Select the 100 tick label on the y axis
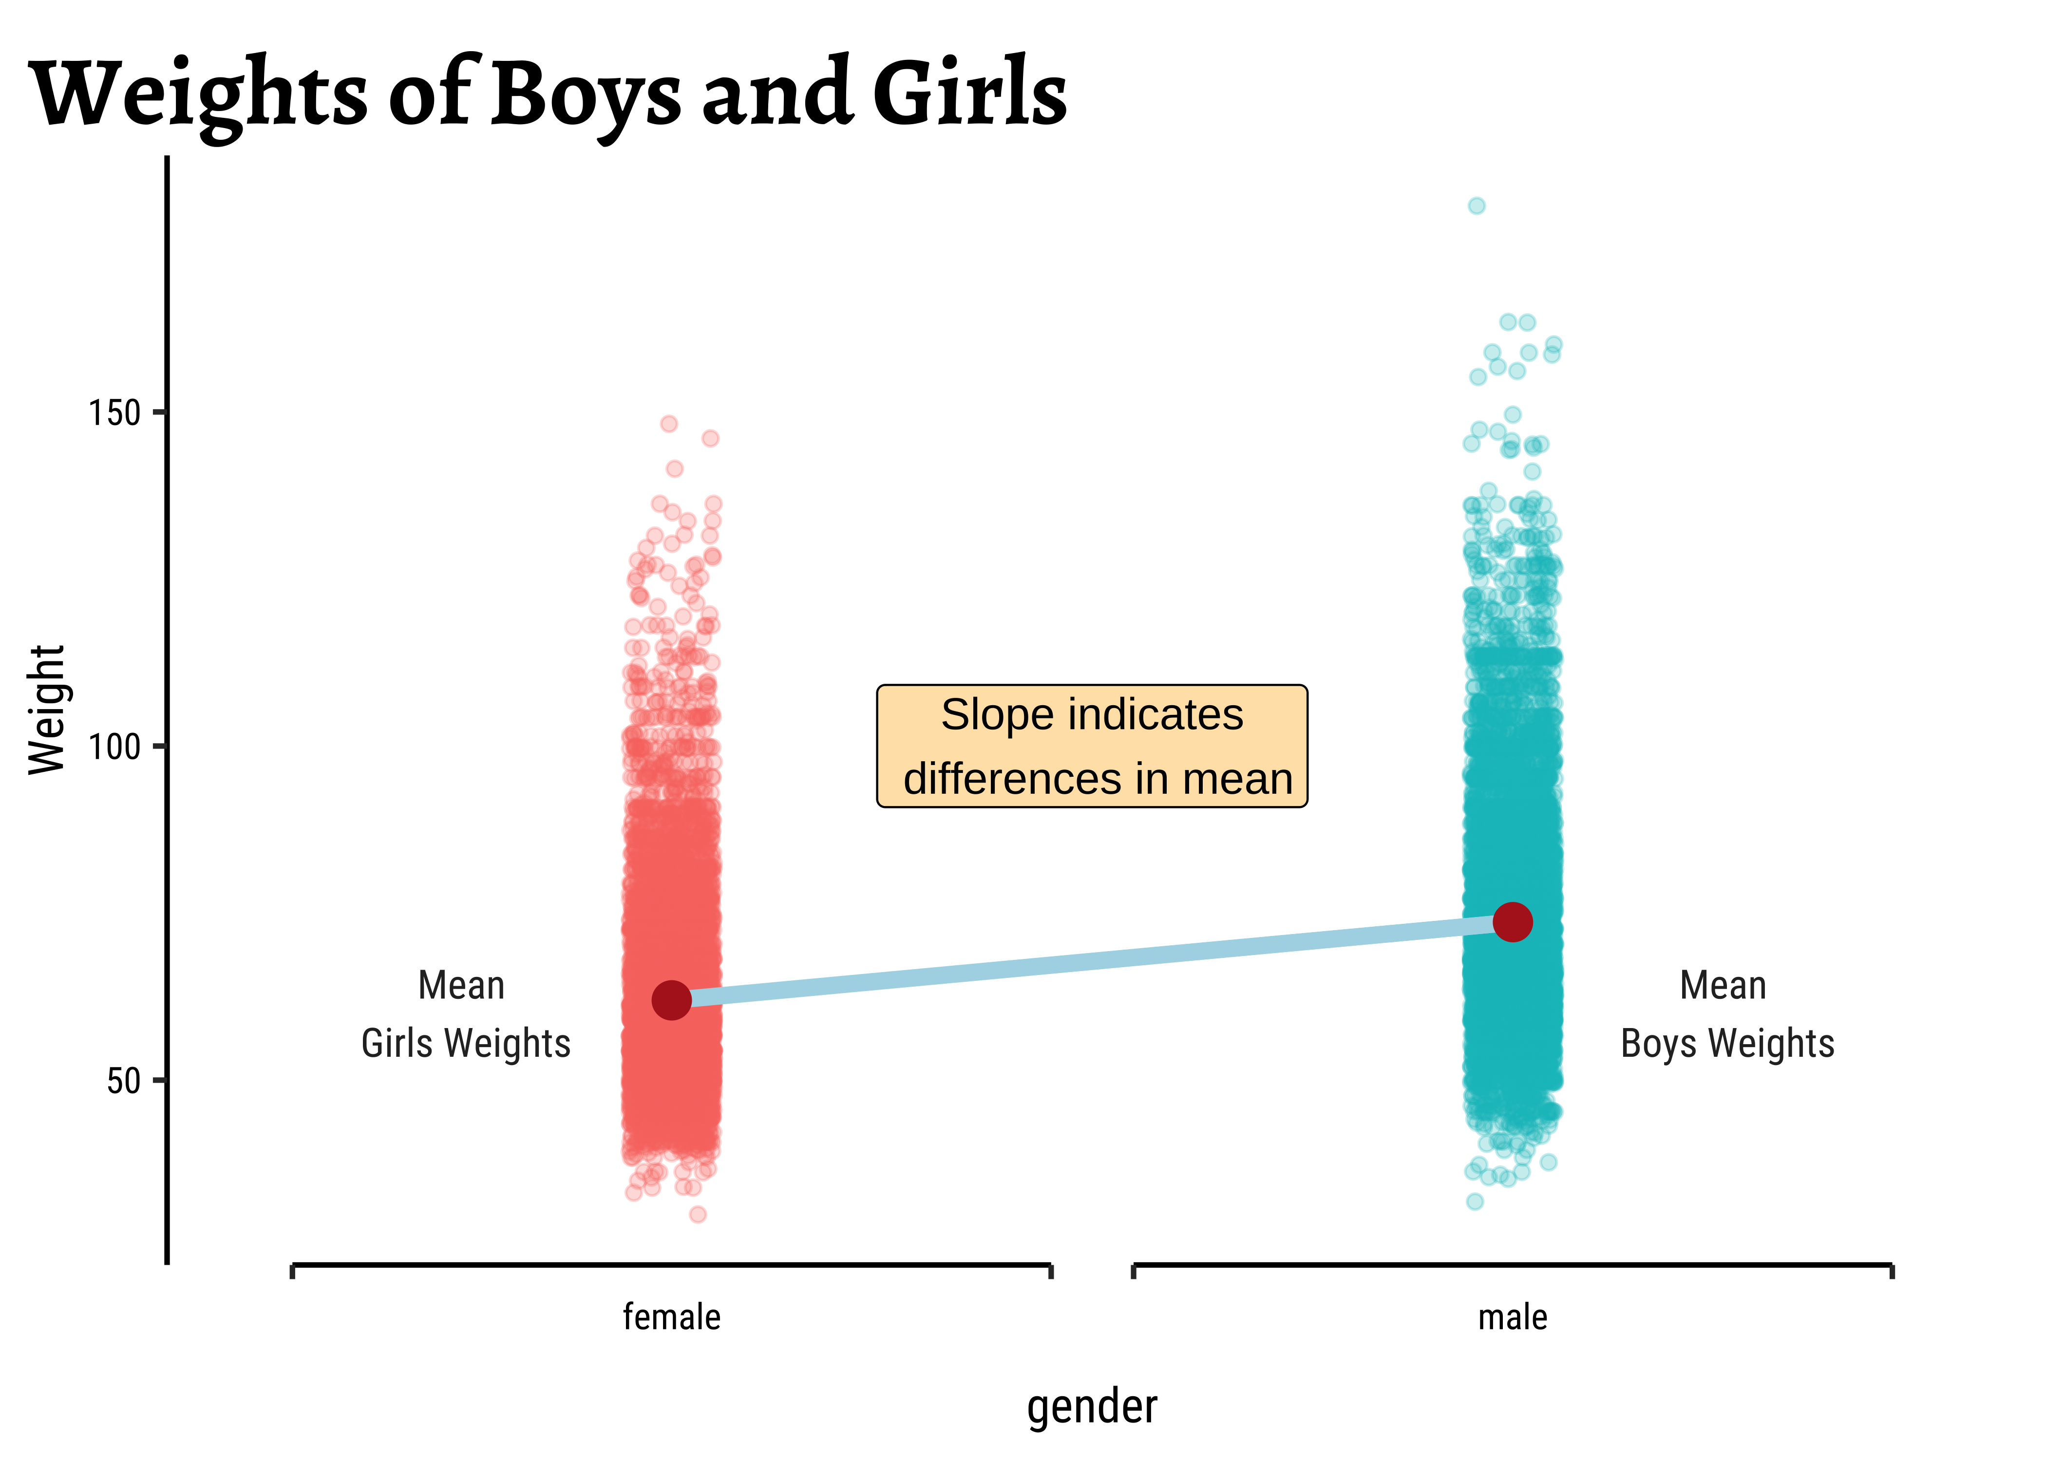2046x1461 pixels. (115, 747)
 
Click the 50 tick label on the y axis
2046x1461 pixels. (124, 1081)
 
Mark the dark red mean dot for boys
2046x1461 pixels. (1513, 922)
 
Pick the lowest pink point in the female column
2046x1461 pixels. (697, 1215)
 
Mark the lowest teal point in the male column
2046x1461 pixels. (1475, 1201)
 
